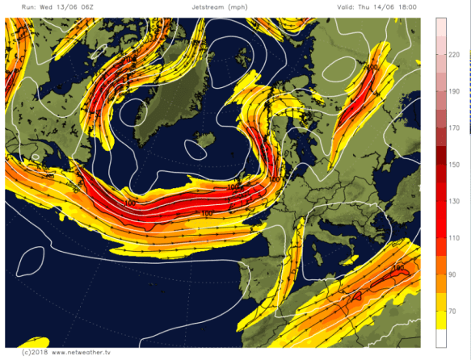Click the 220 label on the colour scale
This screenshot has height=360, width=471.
tap(455, 55)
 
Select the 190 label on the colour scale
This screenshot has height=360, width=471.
tap(455, 91)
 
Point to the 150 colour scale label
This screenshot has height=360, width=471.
tap(455, 165)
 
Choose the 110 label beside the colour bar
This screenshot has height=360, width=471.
tap(455, 238)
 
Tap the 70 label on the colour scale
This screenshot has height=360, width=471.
tap(455, 312)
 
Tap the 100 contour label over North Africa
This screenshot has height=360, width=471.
tap(397, 268)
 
